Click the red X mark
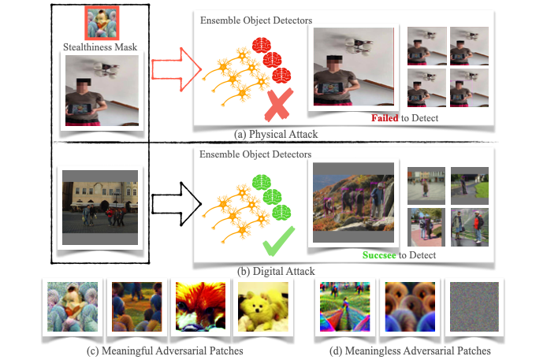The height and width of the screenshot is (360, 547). [280, 105]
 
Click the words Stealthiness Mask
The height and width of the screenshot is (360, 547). [99, 48]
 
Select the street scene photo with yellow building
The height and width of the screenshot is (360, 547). [99, 207]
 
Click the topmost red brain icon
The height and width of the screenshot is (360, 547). [261, 45]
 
